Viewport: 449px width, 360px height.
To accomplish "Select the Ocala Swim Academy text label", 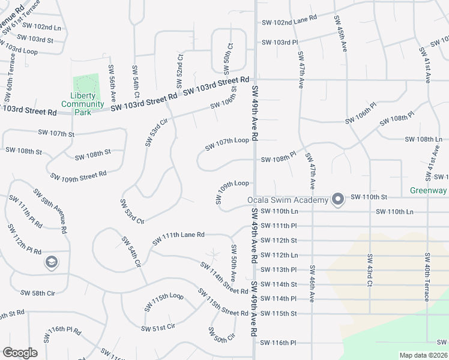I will point(288,200).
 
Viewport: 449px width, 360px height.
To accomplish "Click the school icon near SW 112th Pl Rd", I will point(51,262).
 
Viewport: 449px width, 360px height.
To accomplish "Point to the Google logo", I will point(20,353).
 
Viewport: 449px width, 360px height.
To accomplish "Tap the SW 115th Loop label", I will point(163,301).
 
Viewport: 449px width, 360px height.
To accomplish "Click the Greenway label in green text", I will point(429,191).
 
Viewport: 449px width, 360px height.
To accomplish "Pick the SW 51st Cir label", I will point(158,327).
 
